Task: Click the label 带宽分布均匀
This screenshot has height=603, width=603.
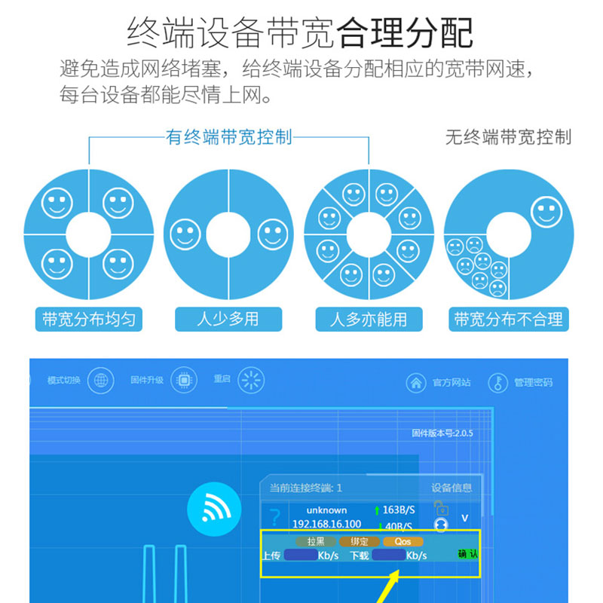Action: pyautogui.click(x=89, y=319)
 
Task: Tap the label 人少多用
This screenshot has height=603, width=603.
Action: pyautogui.click(x=228, y=319)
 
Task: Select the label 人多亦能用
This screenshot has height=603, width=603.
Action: pyautogui.click(x=369, y=319)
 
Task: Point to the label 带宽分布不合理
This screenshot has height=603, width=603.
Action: pyautogui.click(x=509, y=319)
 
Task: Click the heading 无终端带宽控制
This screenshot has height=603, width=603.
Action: pyautogui.click(x=508, y=137)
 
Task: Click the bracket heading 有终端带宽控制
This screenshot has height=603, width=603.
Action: pyautogui.click(x=228, y=137)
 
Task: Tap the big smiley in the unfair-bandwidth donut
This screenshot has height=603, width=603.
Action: pyautogui.click(x=546, y=212)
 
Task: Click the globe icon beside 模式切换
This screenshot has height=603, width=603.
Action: pyautogui.click(x=100, y=380)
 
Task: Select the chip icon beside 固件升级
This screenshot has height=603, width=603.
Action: pyautogui.click(x=183, y=380)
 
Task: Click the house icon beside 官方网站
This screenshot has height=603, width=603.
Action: pyautogui.click(x=416, y=383)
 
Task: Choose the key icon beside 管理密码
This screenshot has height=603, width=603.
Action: pyautogui.click(x=498, y=383)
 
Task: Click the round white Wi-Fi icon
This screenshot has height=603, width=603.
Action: pyautogui.click(x=214, y=510)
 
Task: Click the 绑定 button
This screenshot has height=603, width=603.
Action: pyautogui.click(x=360, y=541)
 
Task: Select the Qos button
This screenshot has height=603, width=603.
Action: pyautogui.click(x=403, y=541)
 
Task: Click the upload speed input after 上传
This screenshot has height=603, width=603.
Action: pyautogui.click(x=301, y=556)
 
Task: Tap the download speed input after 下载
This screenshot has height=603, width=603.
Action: pyautogui.click(x=389, y=556)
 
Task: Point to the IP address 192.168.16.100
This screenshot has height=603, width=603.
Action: pyautogui.click(x=326, y=524)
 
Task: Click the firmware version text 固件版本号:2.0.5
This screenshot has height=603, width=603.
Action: pyautogui.click(x=442, y=433)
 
